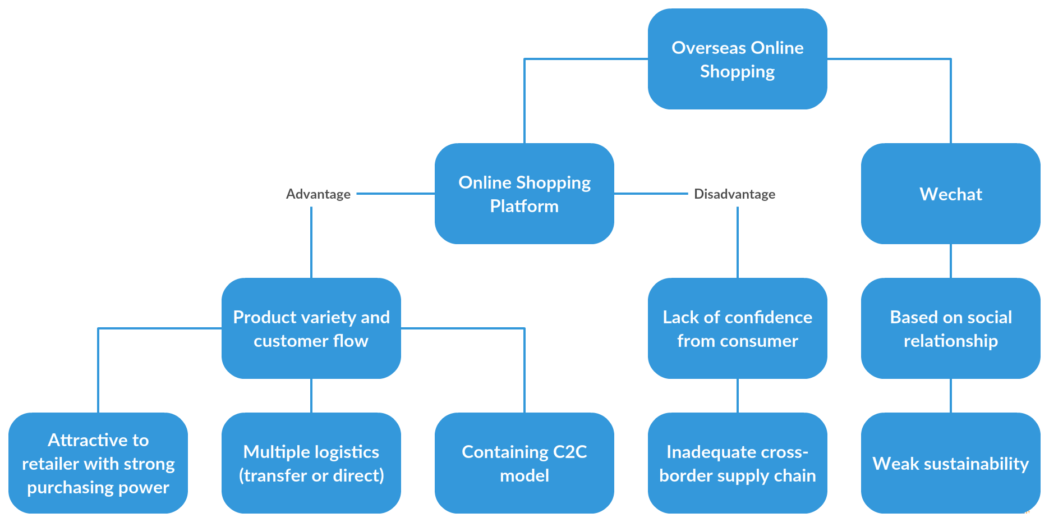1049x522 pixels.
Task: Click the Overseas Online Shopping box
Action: tap(737, 59)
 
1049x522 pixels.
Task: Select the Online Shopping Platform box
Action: tap(524, 194)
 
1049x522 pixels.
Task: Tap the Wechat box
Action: tap(950, 194)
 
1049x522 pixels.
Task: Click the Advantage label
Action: tap(318, 194)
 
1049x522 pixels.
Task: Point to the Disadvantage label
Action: tap(734, 194)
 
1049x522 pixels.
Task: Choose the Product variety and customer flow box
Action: tap(311, 328)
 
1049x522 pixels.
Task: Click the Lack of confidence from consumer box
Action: tap(737, 328)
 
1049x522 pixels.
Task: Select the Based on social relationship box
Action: tap(950, 328)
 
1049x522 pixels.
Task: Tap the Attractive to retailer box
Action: tap(98, 463)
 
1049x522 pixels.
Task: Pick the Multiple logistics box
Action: tap(311, 463)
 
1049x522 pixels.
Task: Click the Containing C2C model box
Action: tap(524, 463)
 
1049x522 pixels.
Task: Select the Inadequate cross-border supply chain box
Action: tap(737, 463)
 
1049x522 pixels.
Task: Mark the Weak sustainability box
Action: tap(950, 463)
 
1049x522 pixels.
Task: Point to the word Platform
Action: tap(524, 206)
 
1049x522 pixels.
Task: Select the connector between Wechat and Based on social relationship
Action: tap(951, 261)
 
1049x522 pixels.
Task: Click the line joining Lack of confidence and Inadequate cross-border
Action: tap(738, 396)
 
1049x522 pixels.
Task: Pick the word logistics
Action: tap(346, 452)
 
